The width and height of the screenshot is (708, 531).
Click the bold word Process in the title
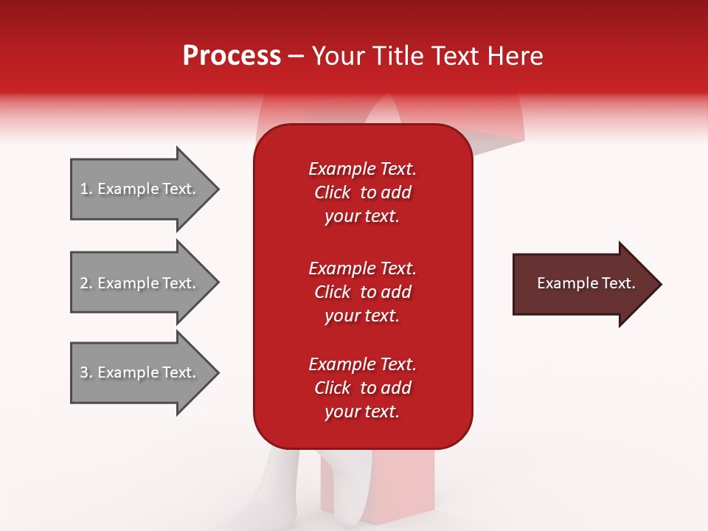[x=232, y=56]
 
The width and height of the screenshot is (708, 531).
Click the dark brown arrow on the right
[x=583, y=284]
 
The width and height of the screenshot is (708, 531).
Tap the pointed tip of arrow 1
[x=217, y=189]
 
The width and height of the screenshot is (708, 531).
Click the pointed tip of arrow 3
[x=217, y=372]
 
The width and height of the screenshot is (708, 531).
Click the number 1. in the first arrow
[x=86, y=189]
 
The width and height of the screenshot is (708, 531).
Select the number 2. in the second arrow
[x=86, y=283]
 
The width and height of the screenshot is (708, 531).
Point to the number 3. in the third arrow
[x=86, y=372]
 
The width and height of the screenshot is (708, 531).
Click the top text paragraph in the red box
[x=362, y=192]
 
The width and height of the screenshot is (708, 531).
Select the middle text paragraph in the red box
[x=362, y=292]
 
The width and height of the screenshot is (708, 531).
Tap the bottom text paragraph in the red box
[x=362, y=388]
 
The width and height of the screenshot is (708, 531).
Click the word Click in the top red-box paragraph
[x=332, y=192]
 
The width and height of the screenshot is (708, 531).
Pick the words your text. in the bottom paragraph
[x=362, y=412]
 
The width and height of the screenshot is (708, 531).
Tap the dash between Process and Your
[x=296, y=56]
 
